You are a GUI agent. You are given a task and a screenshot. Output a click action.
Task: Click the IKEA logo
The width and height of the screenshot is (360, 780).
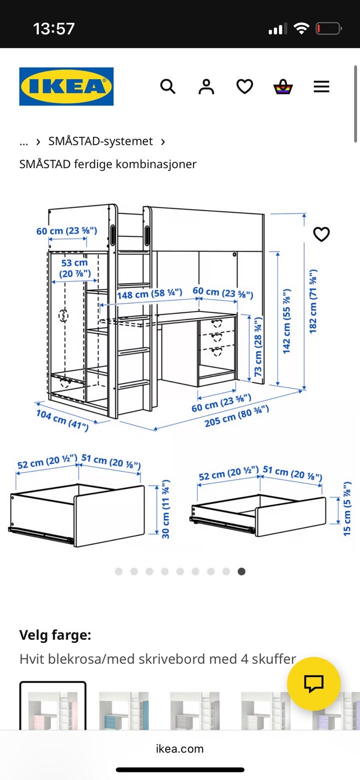(x=66, y=87)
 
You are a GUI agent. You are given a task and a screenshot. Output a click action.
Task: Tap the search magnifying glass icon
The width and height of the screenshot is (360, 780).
(x=167, y=87)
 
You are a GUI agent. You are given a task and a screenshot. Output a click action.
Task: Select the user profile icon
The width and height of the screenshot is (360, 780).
(x=206, y=87)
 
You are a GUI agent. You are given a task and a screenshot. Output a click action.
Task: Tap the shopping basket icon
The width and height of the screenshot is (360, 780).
(x=283, y=87)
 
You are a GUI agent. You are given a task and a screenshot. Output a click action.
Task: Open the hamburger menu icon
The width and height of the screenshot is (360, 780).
(x=321, y=87)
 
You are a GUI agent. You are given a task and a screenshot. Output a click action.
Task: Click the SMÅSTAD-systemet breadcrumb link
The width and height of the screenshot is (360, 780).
(x=100, y=141)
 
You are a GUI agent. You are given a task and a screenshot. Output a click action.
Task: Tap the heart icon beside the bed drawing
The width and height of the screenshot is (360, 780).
(x=321, y=234)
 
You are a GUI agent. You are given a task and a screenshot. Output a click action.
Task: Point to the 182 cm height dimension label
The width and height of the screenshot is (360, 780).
(x=313, y=301)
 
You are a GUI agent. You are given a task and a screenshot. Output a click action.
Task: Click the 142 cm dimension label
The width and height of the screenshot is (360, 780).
(x=286, y=321)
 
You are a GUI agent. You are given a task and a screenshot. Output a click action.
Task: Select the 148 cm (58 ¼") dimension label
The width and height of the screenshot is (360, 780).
(x=149, y=294)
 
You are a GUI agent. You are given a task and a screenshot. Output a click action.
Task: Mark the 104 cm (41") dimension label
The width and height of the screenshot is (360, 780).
(x=62, y=419)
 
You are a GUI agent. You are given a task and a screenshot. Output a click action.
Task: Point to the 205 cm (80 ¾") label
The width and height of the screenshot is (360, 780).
(x=236, y=416)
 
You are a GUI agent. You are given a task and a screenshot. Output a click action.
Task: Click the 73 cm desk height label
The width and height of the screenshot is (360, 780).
(x=257, y=347)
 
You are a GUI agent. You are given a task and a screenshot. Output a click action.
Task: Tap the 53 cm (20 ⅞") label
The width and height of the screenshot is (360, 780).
(x=74, y=268)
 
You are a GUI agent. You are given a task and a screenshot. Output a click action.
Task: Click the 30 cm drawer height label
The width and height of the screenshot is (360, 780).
(x=166, y=509)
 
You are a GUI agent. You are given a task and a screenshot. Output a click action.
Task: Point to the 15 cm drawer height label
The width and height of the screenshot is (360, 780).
(x=347, y=508)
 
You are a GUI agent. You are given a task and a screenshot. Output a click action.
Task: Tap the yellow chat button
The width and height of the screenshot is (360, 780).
(x=313, y=683)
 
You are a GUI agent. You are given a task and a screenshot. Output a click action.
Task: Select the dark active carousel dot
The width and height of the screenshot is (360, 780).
(x=241, y=571)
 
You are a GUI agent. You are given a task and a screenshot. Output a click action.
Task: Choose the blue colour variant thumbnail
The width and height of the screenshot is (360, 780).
(x=124, y=710)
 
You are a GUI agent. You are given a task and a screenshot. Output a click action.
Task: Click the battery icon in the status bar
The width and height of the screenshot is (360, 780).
(x=328, y=29)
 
